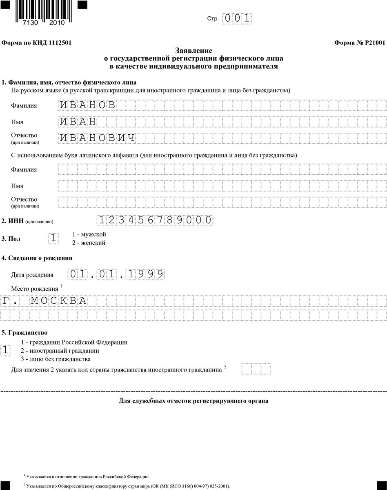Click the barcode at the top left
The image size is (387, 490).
pyautogui.click(x=40, y=12)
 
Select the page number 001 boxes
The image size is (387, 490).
pyautogui.click(x=237, y=19)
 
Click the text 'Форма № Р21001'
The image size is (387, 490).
pyautogui.click(x=359, y=42)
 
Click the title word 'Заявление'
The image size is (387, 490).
pyautogui.click(x=193, y=51)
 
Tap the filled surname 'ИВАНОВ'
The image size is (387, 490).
pyautogui.click(x=87, y=105)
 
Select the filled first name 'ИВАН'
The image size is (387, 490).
pyautogui.click(x=78, y=122)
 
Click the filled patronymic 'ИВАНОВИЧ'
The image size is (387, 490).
pyautogui.click(x=97, y=138)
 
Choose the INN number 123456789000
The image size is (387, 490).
pyautogui.click(x=155, y=220)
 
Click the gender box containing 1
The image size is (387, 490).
pyautogui.click(x=53, y=238)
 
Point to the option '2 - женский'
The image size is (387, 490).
pyautogui.click(x=89, y=243)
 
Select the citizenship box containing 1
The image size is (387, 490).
pyautogui.click(x=5, y=350)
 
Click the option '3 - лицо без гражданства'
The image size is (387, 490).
pyautogui.click(x=56, y=359)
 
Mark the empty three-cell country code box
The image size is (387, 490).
pyautogui.click(x=256, y=369)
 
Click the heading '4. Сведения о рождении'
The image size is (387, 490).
pyautogui.click(x=37, y=258)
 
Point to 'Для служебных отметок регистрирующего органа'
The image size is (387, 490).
pyautogui.click(x=193, y=401)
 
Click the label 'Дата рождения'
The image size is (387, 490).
pyautogui.click(x=32, y=275)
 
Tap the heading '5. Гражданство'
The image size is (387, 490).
pyautogui.click(x=24, y=333)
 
